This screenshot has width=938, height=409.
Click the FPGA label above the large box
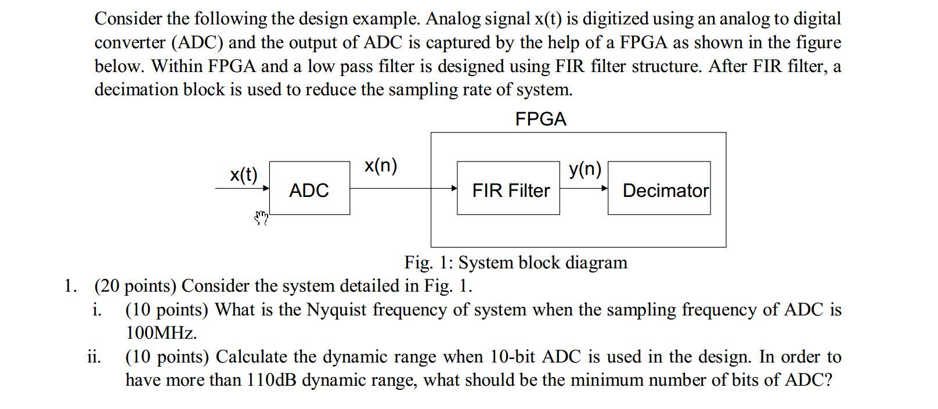pyautogui.click(x=540, y=119)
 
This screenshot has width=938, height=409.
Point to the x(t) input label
pyautogui.click(x=243, y=174)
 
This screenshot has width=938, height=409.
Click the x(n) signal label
pyautogui.click(x=381, y=166)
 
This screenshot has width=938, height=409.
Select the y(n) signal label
pyautogui.click(x=585, y=168)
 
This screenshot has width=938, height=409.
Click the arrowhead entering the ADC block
pyautogui.click(x=266, y=188)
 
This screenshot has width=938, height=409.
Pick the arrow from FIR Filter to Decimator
pyautogui.click(x=584, y=188)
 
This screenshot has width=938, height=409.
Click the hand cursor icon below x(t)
pyautogui.click(x=262, y=218)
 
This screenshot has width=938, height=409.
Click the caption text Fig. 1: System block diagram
pyautogui.click(x=515, y=263)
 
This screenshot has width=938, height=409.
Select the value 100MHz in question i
pyautogui.click(x=161, y=333)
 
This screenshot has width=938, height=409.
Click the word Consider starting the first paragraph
pyautogui.click(x=128, y=19)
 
